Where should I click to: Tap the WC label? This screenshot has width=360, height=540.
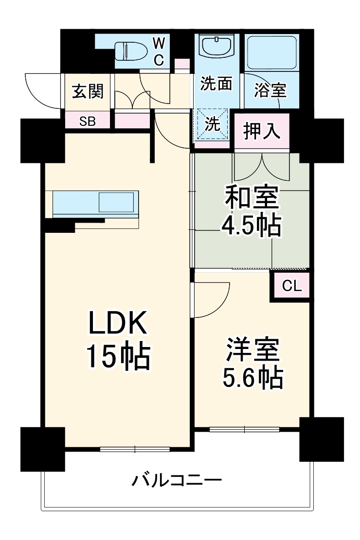159,52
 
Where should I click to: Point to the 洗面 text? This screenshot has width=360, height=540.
216,84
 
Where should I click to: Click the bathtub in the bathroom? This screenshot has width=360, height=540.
271,52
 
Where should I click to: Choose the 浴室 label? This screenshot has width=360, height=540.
270,90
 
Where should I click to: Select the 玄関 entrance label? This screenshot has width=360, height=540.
88,91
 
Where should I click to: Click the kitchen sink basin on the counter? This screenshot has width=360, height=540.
116,202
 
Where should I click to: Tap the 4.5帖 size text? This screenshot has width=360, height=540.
251,226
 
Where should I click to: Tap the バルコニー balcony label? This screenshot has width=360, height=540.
177,481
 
